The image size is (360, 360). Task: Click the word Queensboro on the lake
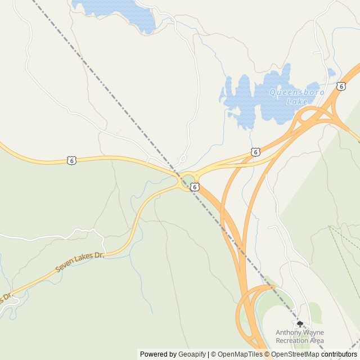[296, 92]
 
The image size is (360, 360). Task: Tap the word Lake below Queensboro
[297, 102]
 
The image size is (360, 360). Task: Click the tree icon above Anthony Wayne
[300, 324]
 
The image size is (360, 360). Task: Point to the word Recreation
[292, 340]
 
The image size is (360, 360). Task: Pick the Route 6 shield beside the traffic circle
[194, 187]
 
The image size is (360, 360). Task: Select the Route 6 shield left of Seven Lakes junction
[71, 161]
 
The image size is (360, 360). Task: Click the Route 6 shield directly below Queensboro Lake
[255, 152]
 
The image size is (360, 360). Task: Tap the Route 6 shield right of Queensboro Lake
[341, 85]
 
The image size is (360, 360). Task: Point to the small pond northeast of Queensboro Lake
[331, 73]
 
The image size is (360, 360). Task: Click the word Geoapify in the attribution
[191, 354]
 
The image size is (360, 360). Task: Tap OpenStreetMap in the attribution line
[295, 354]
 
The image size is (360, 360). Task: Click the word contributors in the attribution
[339, 354]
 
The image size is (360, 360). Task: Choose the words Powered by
[158, 354]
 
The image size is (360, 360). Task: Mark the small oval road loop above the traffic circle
[183, 159]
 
